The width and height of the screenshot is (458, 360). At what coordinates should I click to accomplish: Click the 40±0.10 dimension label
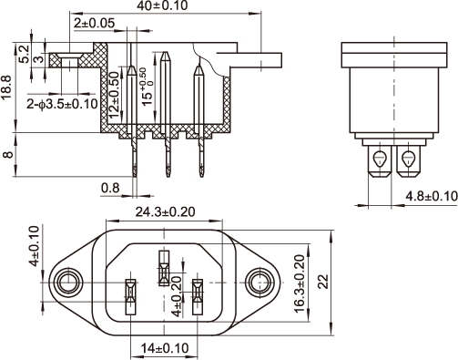click(x=162, y=5)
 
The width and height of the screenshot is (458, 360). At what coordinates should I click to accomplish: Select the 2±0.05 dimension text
click(x=94, y=23)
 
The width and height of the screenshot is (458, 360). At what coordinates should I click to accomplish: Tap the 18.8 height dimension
click(x=6, y=87)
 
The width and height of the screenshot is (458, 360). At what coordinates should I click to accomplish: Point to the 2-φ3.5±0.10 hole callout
click(x=62, y=104)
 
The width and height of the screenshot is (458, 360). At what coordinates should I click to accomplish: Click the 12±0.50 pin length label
click(x=115, y=95)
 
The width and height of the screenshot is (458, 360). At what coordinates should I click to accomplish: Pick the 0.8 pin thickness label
click(x=110, y=188)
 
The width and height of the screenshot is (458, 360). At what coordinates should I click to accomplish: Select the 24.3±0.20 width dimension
click(x=165, y=211)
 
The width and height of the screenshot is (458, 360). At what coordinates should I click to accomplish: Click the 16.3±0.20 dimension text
click(x=300, y=283)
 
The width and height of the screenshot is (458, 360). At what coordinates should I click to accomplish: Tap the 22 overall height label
click(x=323, y=282)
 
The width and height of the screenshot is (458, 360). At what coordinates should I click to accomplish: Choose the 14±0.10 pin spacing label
click(x=165, y=348)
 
